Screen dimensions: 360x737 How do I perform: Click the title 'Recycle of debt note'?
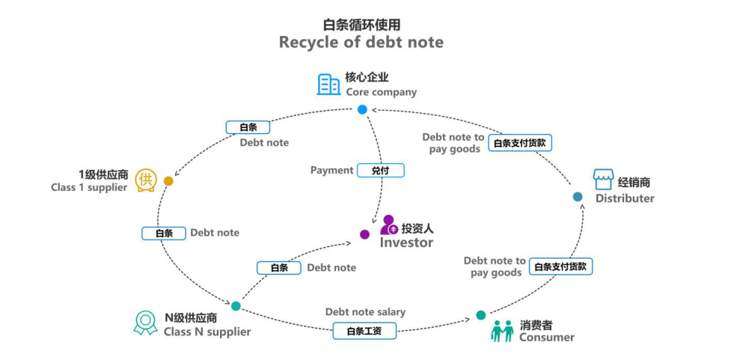[x=361, y=42]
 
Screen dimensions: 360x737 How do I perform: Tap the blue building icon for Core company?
[x=328, y=85]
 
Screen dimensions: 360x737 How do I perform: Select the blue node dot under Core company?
[x=362, y=109]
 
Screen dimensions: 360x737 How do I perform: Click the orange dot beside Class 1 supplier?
[x=168, y=181]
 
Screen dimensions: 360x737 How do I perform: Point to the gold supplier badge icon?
[x=146, y=180]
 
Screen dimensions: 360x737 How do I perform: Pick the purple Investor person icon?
[x=388, y=225]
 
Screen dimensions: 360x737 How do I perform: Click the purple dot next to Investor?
[x=364, y=234]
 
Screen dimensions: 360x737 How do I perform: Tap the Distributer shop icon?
[x=603, y=180]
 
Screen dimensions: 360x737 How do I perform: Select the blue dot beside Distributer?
[x=578, y=197]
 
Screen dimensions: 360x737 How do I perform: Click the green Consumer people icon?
[x=502, y=330]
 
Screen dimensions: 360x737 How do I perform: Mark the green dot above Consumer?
[x=480, y=315]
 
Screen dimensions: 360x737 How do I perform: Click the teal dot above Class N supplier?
[x=236, y=306]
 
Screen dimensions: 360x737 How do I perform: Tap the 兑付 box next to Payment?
[x=380, y=171]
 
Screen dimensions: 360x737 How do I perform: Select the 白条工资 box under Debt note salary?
[x=364, y=330]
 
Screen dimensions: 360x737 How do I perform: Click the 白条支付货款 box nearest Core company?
[x=523, y=143]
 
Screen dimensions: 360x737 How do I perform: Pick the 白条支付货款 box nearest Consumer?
[x=560, y=266]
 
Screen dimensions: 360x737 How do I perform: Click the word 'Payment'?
[x=331, y=171]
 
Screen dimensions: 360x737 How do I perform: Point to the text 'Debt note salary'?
[x=365, y=312]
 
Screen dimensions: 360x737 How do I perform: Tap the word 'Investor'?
[x=406, y=242]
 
